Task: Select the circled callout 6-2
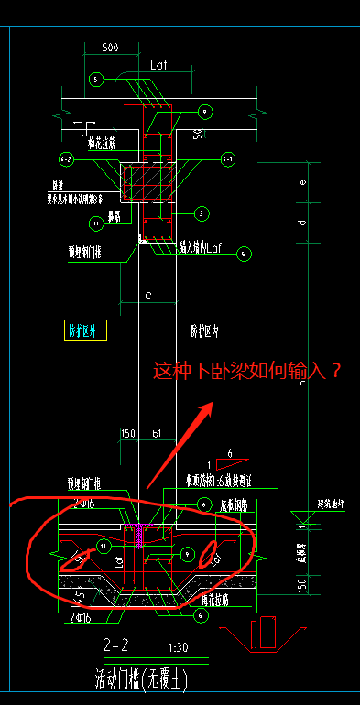[66, 160]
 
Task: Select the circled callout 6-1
[228, 159]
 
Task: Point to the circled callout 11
[96, 222]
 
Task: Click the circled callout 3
[201, 213]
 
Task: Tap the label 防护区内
[205, 329]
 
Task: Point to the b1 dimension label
[157, 433]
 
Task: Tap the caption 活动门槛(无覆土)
[137, 678]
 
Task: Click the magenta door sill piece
[139, 532]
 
